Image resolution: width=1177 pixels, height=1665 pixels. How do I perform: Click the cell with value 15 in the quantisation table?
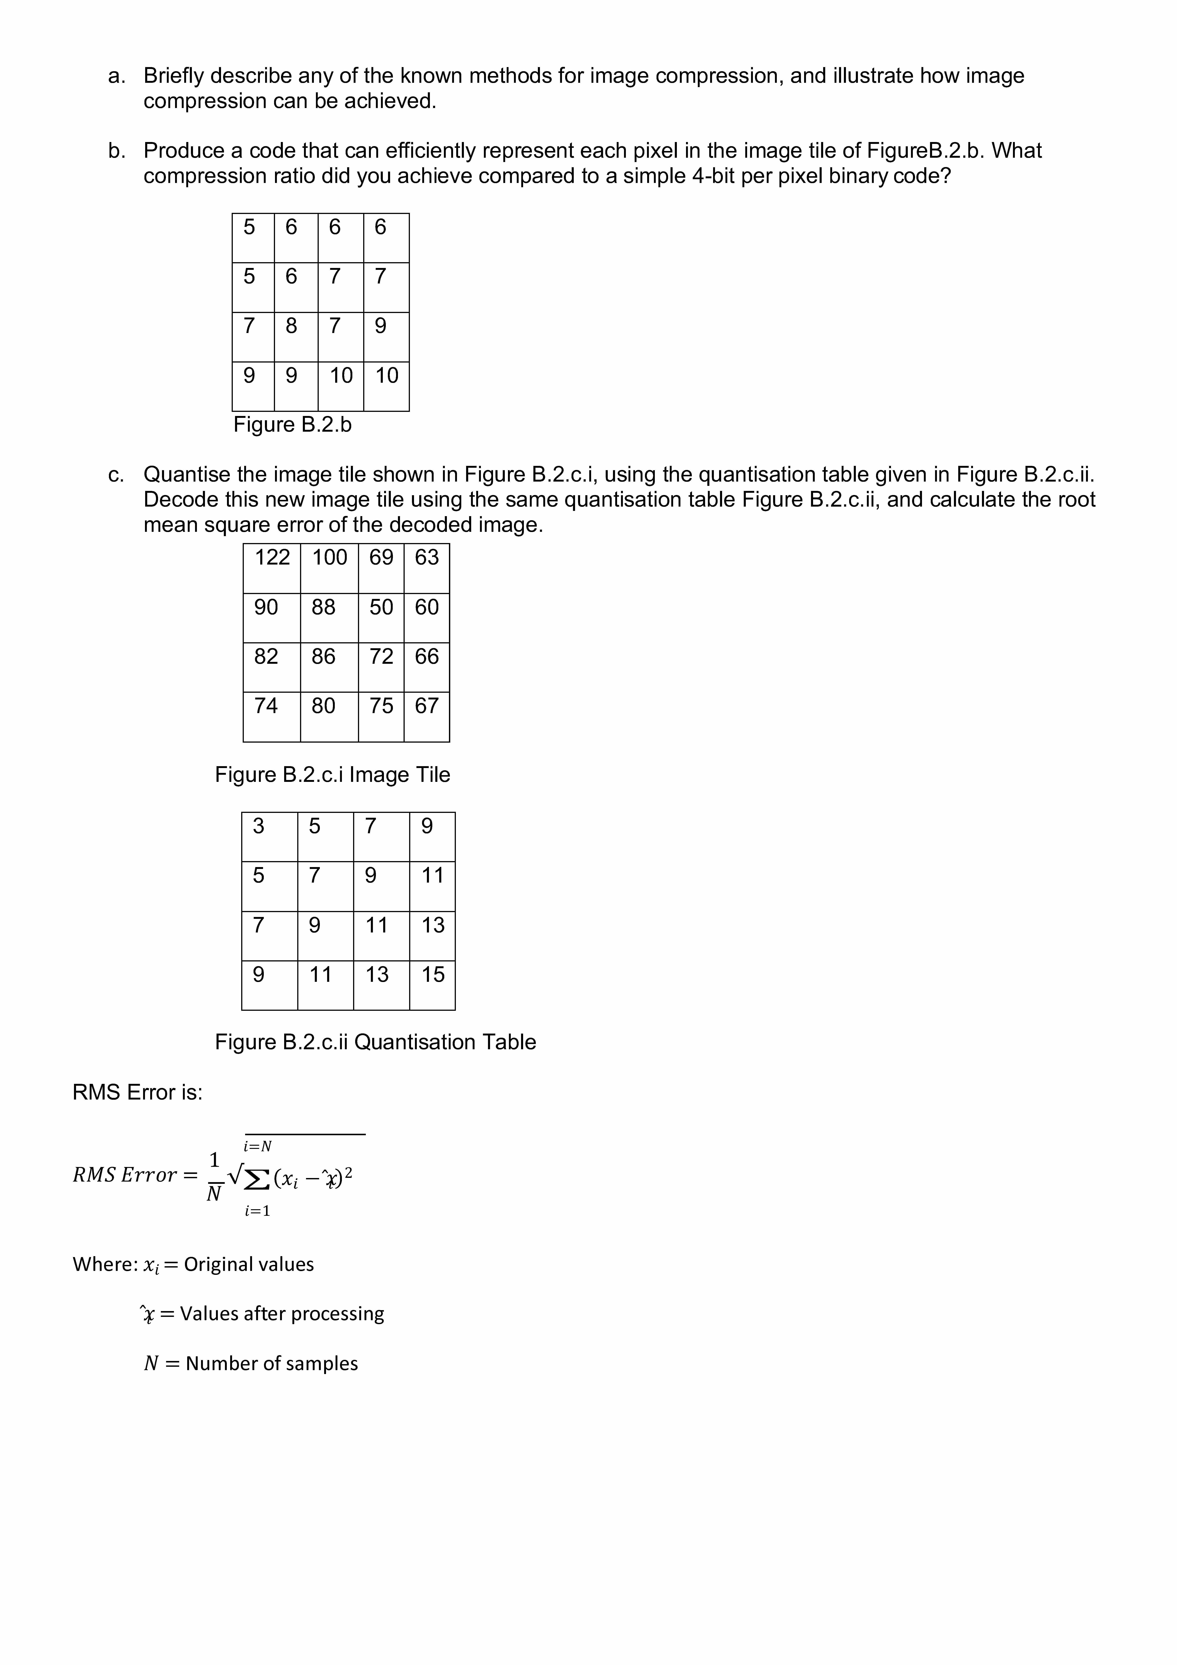432,985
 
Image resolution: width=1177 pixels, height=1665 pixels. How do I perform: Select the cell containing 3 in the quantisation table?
269,837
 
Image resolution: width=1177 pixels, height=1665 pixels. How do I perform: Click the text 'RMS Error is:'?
138,1092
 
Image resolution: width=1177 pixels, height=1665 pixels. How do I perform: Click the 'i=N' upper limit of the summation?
257,1146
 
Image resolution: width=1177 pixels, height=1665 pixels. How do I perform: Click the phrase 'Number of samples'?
272,1363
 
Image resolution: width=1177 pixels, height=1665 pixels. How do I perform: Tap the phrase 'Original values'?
249,1264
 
